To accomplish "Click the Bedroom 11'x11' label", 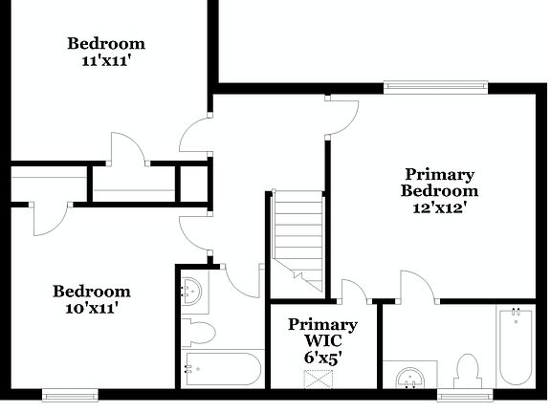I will click(106, 51).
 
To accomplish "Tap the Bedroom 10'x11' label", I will click(91, 299).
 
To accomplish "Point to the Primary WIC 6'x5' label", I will click(322, 340).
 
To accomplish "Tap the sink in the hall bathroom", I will click(192, 292).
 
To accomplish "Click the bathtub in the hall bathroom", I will click(222, 368).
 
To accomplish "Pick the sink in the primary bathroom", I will click(409, 377).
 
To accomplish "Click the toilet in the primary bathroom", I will click(468, 370).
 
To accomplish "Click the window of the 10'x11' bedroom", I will click(70, 393).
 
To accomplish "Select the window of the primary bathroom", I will click(465, 393).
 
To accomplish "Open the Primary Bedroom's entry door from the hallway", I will click(342, 115).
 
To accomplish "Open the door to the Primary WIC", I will click(354, 291).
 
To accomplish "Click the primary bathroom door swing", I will click(416, 286).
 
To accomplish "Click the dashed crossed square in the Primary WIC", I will click(318, 377).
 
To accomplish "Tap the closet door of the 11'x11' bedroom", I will click(127, 149).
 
